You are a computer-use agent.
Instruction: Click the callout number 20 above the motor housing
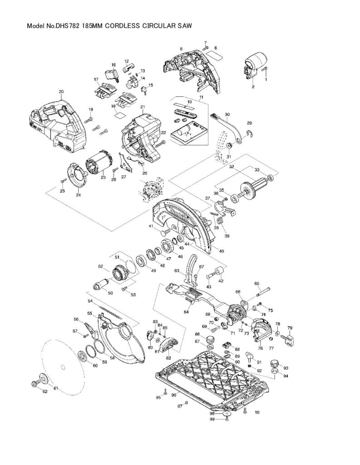pos(61,92)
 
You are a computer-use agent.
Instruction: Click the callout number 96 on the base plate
pos(173,396)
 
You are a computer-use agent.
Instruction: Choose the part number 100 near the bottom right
pos(257,412)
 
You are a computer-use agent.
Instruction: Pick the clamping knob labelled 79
pos(289,338)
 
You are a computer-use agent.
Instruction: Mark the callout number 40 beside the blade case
pos(222,251)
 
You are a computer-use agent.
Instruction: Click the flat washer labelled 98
pos(227,414)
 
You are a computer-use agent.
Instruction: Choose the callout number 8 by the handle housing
pos(181,49)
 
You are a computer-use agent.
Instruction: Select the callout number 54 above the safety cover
pos(90,301)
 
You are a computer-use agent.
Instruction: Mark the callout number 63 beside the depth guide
pos(177,271)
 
